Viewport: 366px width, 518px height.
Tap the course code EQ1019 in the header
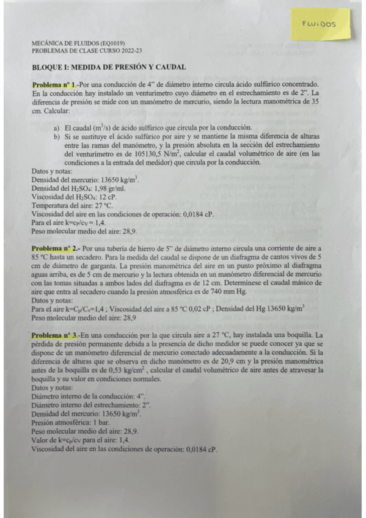(112, 43)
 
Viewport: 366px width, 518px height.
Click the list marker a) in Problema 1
(57, 128)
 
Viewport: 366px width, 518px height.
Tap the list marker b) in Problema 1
(57, 137)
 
